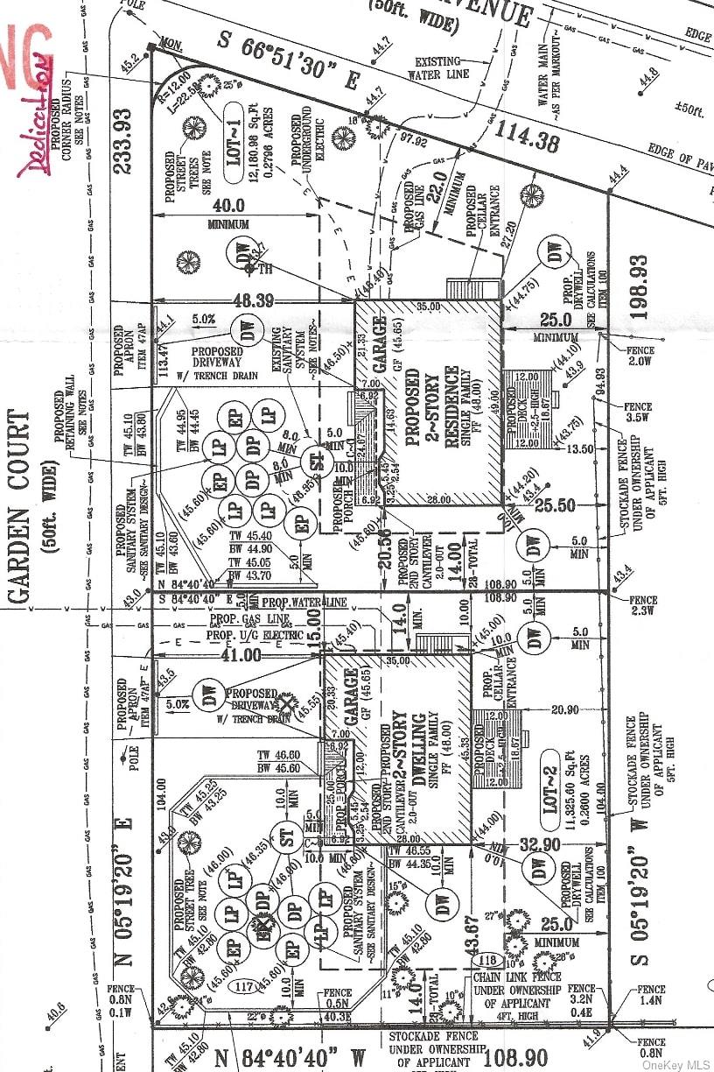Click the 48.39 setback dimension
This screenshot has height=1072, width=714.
click(x=255, y=300)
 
